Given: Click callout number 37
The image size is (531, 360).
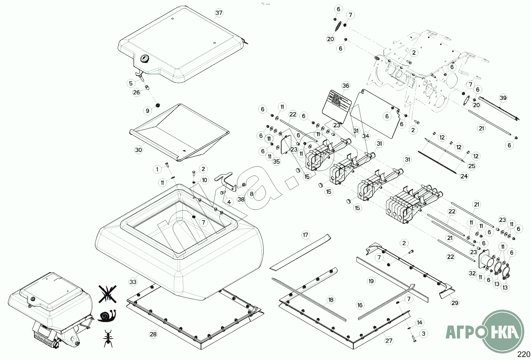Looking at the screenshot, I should (x=219, y=13).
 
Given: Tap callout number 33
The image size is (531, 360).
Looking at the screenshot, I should (x=133, y=282).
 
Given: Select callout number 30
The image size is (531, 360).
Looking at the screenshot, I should (x=138, y=150).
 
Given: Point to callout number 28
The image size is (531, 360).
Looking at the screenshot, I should (x=153, y=334).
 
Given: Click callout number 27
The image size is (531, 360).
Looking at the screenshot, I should (x=389, y=341).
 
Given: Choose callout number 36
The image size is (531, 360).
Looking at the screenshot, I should (x=346, y=86).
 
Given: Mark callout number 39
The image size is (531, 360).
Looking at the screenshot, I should (x=503, y=98).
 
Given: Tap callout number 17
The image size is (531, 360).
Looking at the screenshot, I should (x=305, y=235).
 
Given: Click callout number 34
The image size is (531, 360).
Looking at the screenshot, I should (x=366, y=136).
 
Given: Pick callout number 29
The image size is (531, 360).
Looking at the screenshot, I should (x=455, y=303).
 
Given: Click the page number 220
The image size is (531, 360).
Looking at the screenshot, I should (x=523, y=354).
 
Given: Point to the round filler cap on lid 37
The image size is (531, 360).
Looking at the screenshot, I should (x=144, y=59).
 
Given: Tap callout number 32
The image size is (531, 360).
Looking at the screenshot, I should (x=472, y=273).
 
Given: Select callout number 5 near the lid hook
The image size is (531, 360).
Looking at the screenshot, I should (x=131, y=83).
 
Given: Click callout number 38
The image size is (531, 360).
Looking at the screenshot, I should (x=241, y=199).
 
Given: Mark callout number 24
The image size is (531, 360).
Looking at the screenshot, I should (x=464, y=176).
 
